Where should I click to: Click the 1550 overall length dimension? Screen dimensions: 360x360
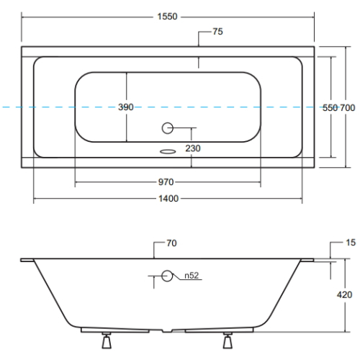[167, 17]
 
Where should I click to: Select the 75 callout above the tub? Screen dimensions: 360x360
[217, 32]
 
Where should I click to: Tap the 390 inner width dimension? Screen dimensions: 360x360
[126, 107]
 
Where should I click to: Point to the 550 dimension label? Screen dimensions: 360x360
[330, 108]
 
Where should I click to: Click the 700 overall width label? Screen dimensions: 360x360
[347, 108]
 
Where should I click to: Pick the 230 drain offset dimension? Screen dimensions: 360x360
[193, 148]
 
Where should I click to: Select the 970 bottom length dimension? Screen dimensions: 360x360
[166, 182]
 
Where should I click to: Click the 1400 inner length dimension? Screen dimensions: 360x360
[168, 199]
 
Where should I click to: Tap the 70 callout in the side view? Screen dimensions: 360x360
[171, 243]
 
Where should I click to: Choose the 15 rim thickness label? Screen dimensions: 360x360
[351, 243]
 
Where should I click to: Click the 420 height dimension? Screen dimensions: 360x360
[344, 294]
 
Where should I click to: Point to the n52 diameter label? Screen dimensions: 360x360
[192, 276]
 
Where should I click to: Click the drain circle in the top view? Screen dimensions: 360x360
[167, 128]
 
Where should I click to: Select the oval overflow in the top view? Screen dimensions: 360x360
[168, 151]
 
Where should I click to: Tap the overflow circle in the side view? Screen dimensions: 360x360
[167, 276]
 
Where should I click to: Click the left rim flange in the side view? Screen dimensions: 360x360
[27, 260]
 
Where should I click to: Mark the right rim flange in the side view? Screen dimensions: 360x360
[307, 260]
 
